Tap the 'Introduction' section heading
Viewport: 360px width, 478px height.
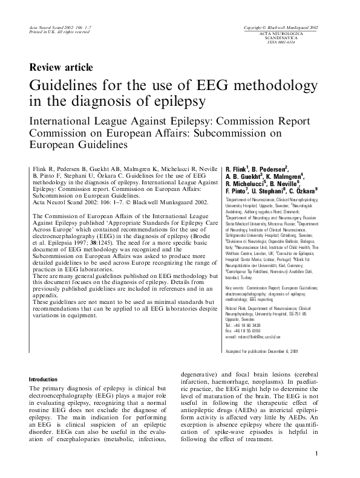coord(44,379)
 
